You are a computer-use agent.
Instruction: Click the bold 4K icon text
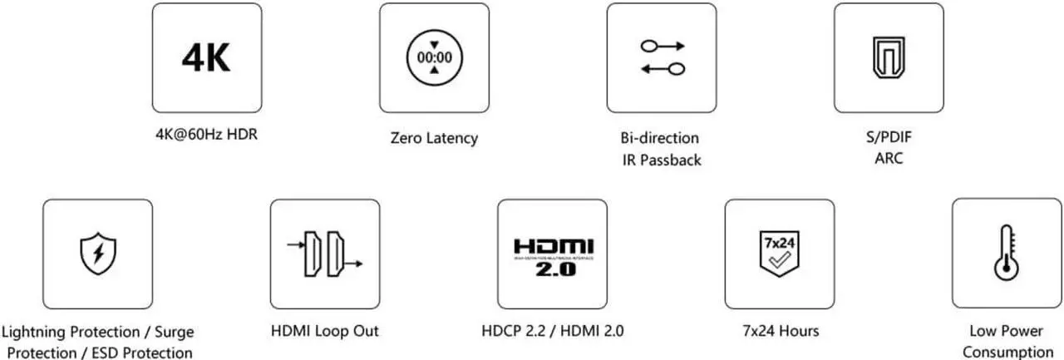coord(206,57)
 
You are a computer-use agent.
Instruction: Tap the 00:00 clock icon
coord(434,58)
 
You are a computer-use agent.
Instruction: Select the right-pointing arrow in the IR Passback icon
coord(662,46)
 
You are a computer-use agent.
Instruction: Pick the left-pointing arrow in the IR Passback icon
coord(662,69)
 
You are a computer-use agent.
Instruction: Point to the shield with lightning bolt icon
coord(97,253)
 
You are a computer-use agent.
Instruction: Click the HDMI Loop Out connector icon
coord(324,253)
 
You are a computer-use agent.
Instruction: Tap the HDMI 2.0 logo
coord(553,258)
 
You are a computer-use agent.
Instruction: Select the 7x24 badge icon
coord(780,253)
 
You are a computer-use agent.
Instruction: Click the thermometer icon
coord(1007,253)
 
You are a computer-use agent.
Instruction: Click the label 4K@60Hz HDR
coord(200,133)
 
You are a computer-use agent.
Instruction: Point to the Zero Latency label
coord(434,138)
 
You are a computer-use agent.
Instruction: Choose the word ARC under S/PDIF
coord(889,158)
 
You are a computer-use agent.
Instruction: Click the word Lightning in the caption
coord(41,332)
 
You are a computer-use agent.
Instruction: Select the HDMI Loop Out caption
coord(324,331)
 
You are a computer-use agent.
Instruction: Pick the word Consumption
coord(1007,352)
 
